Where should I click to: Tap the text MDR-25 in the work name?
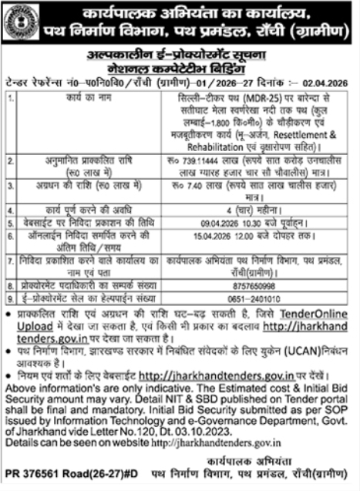246,99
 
